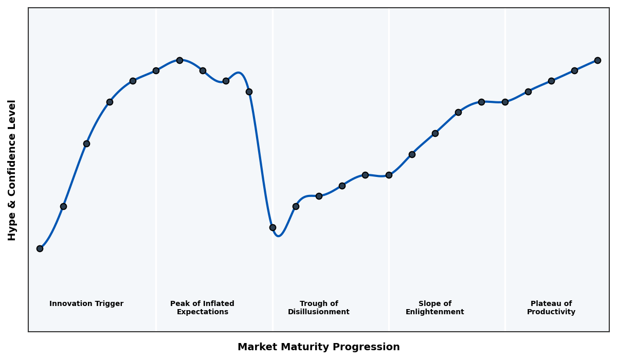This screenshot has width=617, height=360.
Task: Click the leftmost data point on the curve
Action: point(40,248)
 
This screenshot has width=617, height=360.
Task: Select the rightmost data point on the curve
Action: point(597,60)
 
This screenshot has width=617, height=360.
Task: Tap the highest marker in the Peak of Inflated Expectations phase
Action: point(179,60)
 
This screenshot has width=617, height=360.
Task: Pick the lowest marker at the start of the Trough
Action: point(273,227)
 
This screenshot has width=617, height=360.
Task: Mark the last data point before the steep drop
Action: point(249,92)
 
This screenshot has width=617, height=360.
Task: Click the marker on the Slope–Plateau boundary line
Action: point(505,102)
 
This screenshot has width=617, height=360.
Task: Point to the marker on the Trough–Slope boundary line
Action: point(389,175)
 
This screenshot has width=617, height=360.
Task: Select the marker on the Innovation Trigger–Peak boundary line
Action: point(156,70)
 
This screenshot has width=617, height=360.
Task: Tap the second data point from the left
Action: point(63,206)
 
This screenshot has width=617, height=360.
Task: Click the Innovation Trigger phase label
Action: point(86,304)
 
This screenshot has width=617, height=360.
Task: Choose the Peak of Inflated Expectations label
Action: point(202,308)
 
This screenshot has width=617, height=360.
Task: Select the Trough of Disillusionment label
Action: point(319,308)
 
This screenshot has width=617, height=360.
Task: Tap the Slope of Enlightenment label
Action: point(435,308)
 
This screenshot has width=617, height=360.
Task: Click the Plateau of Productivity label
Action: point(551,308)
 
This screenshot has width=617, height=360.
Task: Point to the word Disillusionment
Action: point(319,312)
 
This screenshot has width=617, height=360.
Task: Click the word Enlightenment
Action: point(435,312)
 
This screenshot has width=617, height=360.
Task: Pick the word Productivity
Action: point(551,312)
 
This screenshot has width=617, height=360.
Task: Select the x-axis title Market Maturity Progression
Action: point(319,347)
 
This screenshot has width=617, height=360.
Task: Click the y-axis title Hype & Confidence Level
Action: point(12,170)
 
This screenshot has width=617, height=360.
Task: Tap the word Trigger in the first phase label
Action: point(110,304)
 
